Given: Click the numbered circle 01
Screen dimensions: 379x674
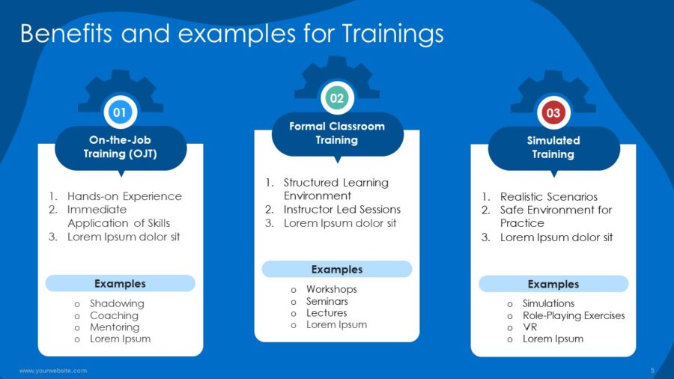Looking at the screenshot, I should (x=120, y=112).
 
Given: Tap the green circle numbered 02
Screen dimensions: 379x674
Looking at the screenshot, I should (x=337, y=98).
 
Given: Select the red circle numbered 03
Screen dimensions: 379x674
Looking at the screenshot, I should (x=553, y=113).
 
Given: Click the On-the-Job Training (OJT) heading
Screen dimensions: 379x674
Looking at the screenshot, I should (x=121, y=147).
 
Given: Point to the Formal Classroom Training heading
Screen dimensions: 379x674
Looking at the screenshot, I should (x=337, y=133).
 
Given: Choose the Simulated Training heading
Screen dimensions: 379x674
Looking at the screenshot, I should (x=553, y=147).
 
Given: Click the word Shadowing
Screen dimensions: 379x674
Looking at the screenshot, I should (x=117, y=303).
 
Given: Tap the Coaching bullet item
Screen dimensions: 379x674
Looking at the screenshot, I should (x=114, y=315).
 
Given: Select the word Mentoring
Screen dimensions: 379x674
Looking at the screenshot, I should (x=115, y=327).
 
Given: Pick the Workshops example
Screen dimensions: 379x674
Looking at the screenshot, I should (x=331, y=289).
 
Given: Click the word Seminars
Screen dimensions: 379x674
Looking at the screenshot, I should (x=327, y=301).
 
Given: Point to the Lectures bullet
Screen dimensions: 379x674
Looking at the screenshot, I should (x=326, y=313).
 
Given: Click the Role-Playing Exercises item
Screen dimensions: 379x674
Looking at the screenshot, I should (x=574, y=315).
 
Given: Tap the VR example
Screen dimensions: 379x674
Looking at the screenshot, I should (x=529, y=327).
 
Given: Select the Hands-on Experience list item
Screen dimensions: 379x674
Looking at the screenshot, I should (x=124, y=196).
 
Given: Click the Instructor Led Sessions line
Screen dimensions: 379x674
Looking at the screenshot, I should (x=341, y=210).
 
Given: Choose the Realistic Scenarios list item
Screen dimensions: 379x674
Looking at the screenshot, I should (x=549, y=196).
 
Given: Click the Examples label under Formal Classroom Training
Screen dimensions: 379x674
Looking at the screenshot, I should (x=337, y=270).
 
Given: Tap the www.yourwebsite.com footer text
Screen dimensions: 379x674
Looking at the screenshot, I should (x=53, y=371).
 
